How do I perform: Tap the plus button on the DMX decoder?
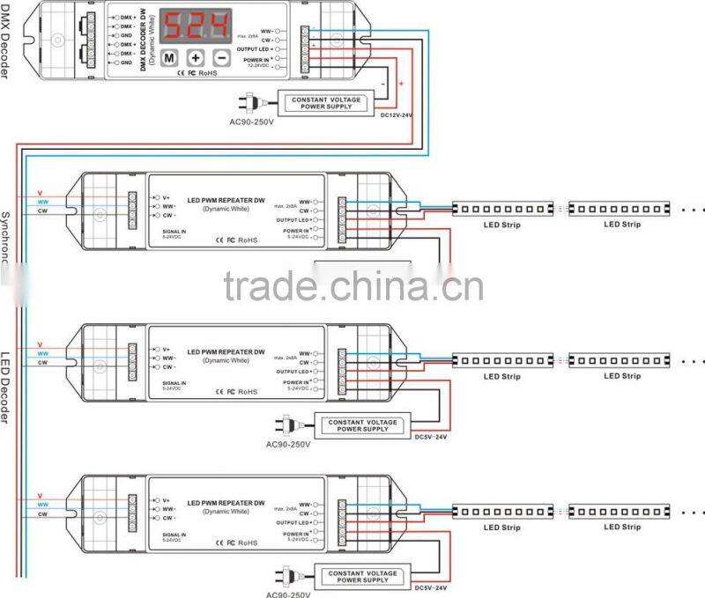coord(196,57)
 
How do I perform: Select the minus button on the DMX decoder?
coord(221,57)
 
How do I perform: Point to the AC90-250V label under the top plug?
coord(253,122)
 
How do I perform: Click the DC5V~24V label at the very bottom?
coord(431,587)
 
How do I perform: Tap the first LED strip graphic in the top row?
coord(502,209)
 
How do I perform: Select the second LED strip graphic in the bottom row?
coord(621,511)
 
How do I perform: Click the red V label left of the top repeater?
coord(40,192)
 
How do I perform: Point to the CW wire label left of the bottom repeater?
coord(41,513)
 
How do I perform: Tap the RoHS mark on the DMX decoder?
coord(208,72)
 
